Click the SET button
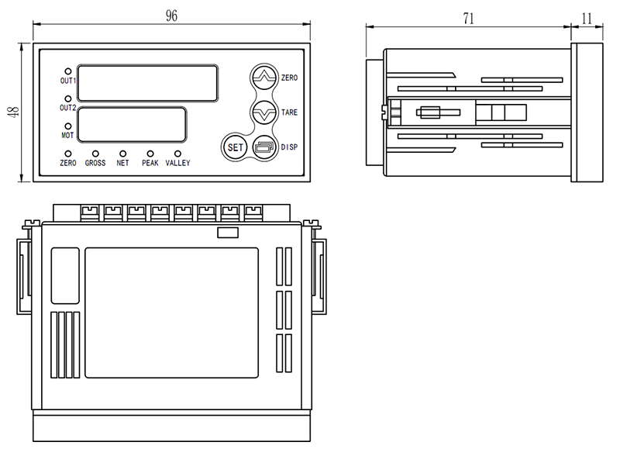[x=235, y=147]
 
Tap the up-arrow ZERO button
[x=264, y=78]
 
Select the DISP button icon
[x=264, y=147]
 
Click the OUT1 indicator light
[x=68, y=71]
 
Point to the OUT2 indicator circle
[x=68, y=99]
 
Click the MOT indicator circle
[x=68, y=126]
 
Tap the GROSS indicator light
[x=95, y=154]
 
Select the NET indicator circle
[x=122, y=154]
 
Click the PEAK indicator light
[x=150, y=154]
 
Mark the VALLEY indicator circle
[x=177, y=154]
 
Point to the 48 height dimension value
[x=13, y=112]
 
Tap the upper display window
[x=147, y=83]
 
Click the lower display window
[x=132, y=123]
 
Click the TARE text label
[x=289, y=113]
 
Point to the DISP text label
[x=289, y=147]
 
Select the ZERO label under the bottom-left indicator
[x=68, y=164]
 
